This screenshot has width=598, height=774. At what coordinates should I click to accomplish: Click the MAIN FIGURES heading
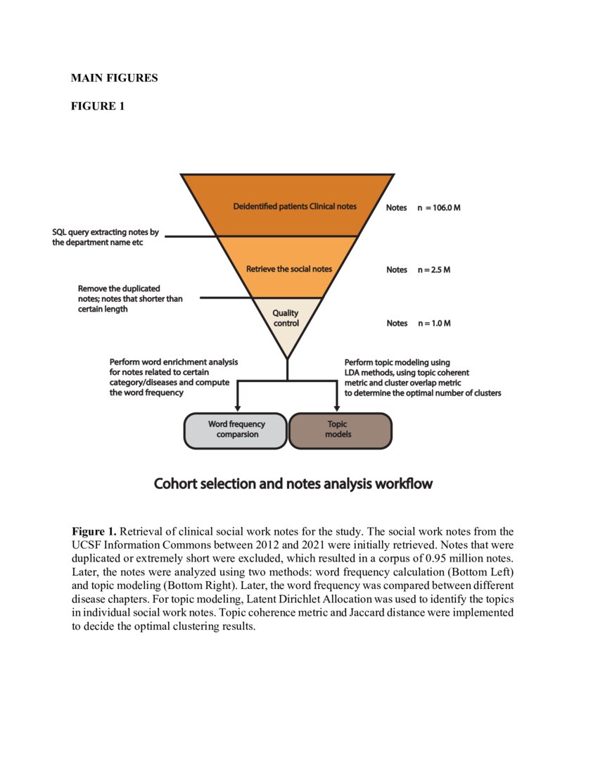[x=114, y=78]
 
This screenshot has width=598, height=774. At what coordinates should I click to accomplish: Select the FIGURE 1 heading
[x=97, y=106]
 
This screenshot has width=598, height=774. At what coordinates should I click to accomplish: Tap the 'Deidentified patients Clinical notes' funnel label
[x=295, y=207]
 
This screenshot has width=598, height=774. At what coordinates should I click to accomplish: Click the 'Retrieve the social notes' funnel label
[x=288, y=269]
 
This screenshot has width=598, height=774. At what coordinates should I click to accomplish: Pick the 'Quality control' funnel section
[x=286, y=318]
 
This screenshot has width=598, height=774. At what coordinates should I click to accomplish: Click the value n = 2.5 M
[x=434, y=269]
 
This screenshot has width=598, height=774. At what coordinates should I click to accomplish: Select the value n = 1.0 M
[x=434, y=324]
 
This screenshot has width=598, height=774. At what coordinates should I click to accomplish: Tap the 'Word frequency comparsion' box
[x=237, y=429]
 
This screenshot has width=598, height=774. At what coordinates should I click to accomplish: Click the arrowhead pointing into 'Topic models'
[x=338, y=407]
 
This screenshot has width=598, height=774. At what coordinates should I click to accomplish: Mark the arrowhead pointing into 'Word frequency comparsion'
[x=237, y=407]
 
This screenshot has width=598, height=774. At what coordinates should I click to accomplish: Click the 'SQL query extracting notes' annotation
[x=106, y=237]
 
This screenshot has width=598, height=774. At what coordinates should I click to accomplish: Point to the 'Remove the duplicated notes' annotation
[x=130, y=298]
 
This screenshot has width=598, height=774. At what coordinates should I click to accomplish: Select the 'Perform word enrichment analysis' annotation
[x=173, y=377]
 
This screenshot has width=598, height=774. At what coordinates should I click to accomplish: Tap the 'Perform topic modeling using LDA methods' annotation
[x=422, y=378]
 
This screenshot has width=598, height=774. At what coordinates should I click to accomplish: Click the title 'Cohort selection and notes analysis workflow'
[x=293, y=484]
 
